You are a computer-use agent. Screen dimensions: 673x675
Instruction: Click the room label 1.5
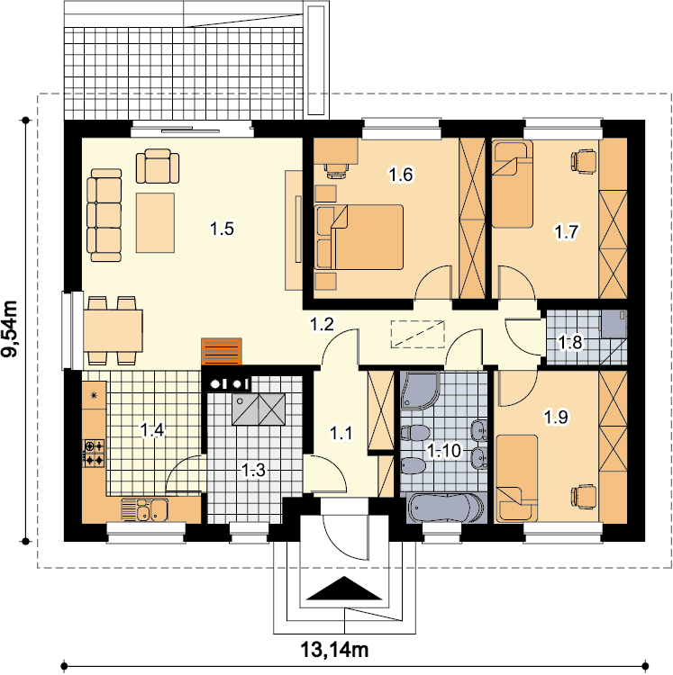click(222, 229)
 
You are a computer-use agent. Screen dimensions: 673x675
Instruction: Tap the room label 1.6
click(401, 175)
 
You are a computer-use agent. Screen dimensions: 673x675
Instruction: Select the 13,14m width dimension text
click(334, 650)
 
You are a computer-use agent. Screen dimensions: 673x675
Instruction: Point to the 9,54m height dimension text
click(10, 328)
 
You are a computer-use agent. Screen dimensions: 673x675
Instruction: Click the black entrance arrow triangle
click(344, 588)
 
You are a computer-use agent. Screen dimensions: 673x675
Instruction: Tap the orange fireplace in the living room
click(222, 352)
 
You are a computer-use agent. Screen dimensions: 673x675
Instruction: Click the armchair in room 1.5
click(158, 166)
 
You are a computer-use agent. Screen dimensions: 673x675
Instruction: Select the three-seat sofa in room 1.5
click(105, 215)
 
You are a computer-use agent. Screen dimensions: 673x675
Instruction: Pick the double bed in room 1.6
click(359, 238)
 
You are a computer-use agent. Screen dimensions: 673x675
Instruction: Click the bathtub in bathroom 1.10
click(446, 508)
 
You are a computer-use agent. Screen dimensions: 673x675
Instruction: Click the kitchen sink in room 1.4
click(145, 509)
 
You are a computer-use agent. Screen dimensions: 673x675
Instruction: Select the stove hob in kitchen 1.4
click(94, 453)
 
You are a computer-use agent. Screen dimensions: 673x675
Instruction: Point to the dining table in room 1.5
click(113, 330)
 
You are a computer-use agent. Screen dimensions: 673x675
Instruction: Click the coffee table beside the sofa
click(156, 222)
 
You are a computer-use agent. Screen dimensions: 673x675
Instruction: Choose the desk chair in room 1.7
click(584, 162)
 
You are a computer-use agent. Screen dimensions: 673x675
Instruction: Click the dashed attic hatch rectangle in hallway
click(417, 334)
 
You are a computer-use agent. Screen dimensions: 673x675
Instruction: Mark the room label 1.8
click(569, 343)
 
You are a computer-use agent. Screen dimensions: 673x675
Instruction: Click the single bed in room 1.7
click(513, 184)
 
